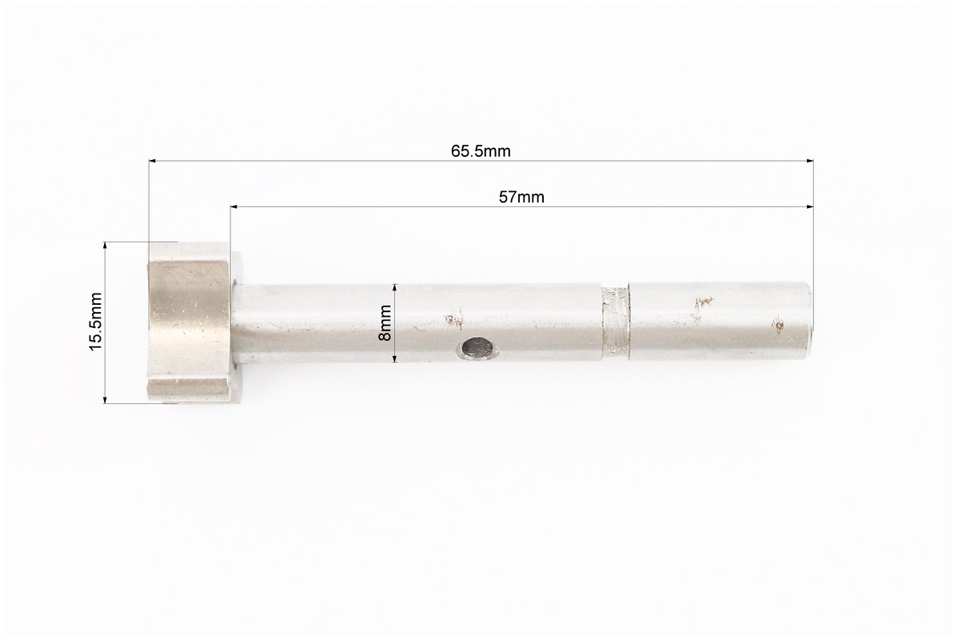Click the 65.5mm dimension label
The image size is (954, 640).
[481, 151]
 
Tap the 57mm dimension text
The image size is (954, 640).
[521, 198]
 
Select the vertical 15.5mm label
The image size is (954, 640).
[95, 322]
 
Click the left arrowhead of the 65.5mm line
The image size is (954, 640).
[153, 162]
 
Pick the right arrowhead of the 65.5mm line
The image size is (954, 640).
[810, 162]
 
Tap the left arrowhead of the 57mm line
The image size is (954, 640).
[234, 208]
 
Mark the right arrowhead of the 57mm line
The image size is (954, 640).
[810, 208]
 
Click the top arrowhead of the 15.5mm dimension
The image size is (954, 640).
[105, 246]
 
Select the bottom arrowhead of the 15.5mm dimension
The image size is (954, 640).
[105, 399]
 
